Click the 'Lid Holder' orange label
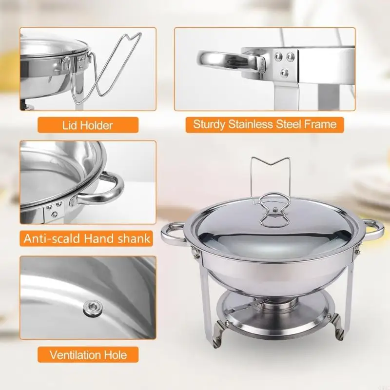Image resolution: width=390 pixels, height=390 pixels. (x=88, y=125)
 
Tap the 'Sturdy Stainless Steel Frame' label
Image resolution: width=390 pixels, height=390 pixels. (x=265, y=124)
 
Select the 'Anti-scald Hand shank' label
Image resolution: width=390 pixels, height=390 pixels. (x=86, y=238)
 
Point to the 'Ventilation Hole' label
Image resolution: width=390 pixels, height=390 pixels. (x=88, y=354)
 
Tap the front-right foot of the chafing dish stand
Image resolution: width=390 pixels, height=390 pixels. (x=339, y=327)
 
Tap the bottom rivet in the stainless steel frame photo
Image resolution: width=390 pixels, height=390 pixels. (x=284, y=73)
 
